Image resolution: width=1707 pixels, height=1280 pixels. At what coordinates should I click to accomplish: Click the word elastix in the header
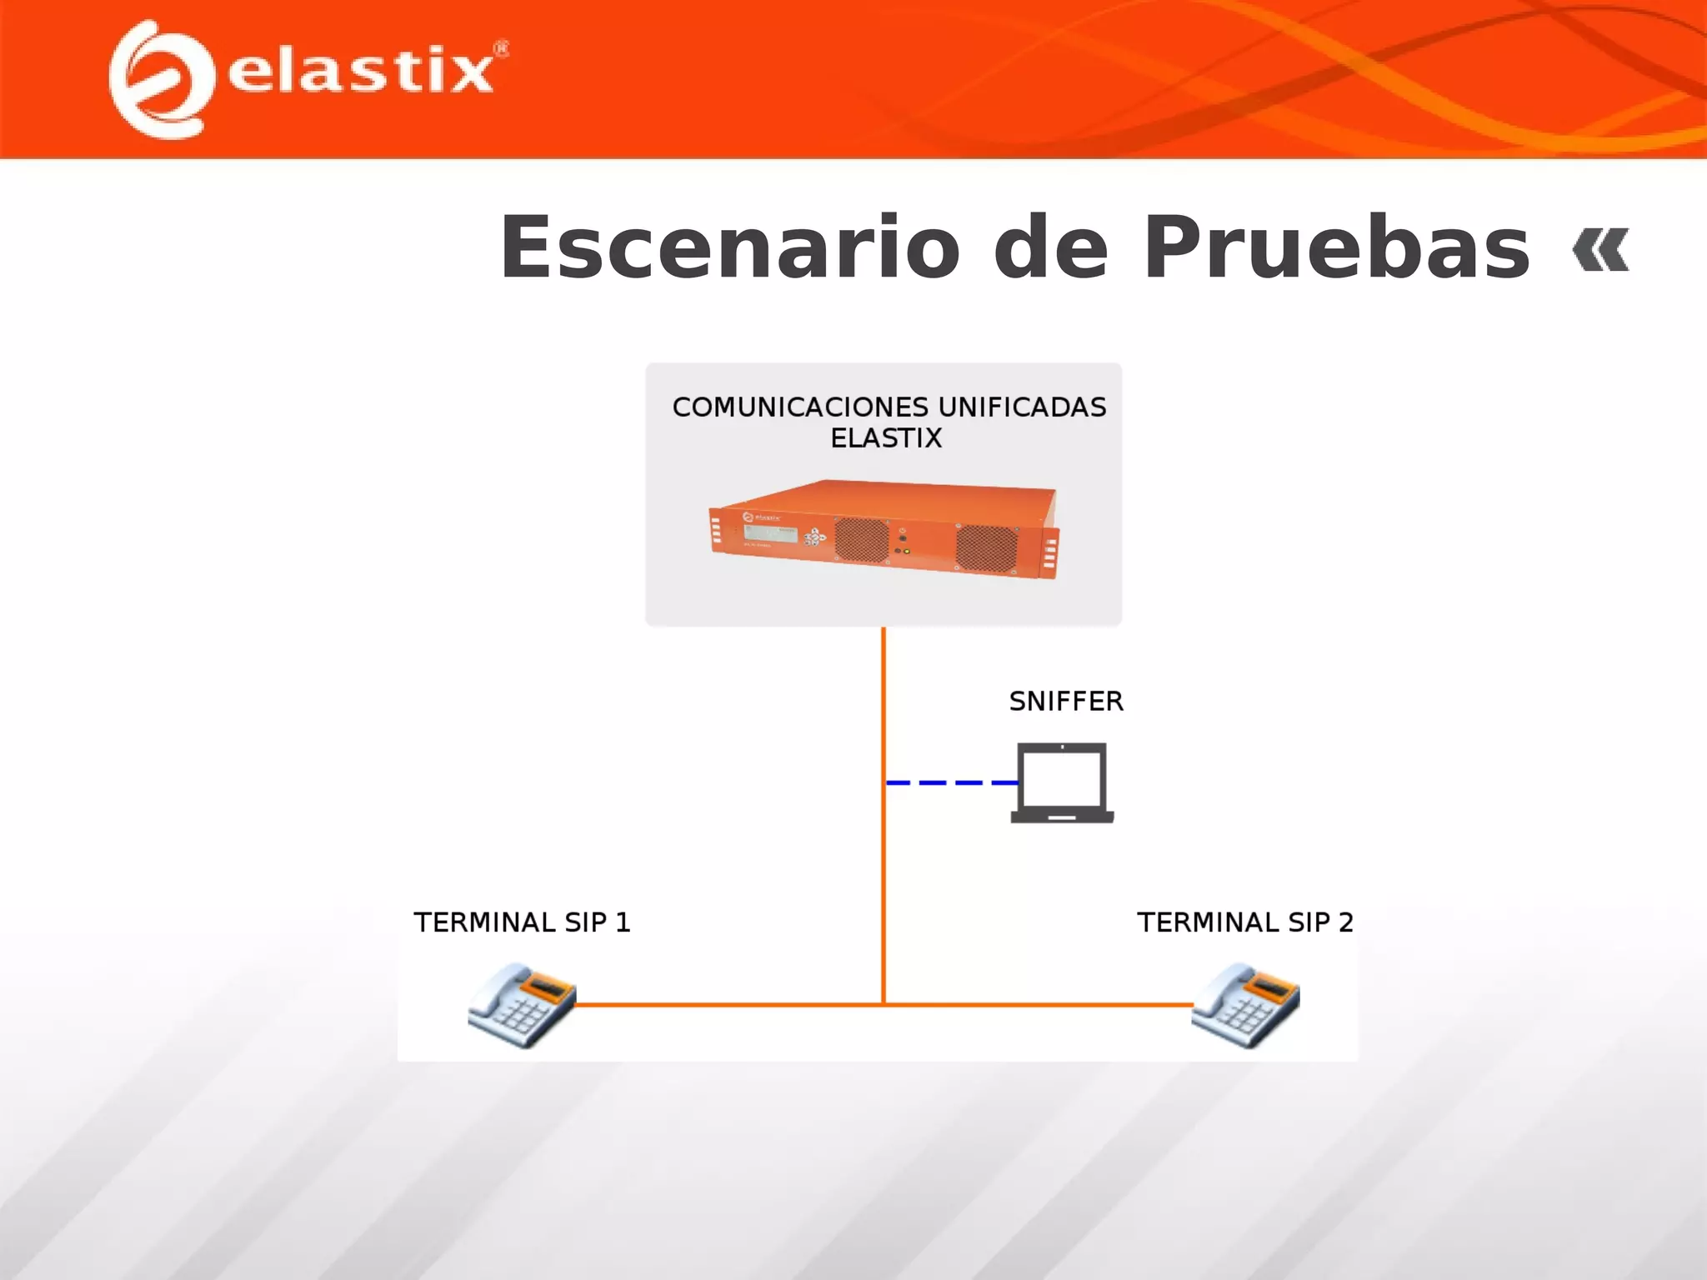[360, 72]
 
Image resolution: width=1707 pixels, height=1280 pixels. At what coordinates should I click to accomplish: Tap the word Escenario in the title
[730, 248]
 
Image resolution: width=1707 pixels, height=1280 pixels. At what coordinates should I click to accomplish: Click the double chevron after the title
[1600, 249]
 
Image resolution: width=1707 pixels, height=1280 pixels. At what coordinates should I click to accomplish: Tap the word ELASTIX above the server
[886, 438]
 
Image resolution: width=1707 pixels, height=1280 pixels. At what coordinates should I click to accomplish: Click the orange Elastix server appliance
[884, 530]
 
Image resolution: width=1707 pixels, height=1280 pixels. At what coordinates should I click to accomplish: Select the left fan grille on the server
[862, 539]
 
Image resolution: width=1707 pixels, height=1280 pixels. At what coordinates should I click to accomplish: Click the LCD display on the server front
[771, 533]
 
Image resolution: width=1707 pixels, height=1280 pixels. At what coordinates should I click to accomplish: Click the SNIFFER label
[1066, 702]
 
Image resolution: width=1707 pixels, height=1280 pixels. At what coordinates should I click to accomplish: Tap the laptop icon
[1063, 782]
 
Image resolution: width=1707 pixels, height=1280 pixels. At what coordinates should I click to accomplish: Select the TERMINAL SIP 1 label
[523, 922]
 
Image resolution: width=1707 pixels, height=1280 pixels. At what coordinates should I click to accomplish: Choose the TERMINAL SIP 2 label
[1245, 922]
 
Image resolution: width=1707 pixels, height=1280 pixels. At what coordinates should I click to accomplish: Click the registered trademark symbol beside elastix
[502, 49]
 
